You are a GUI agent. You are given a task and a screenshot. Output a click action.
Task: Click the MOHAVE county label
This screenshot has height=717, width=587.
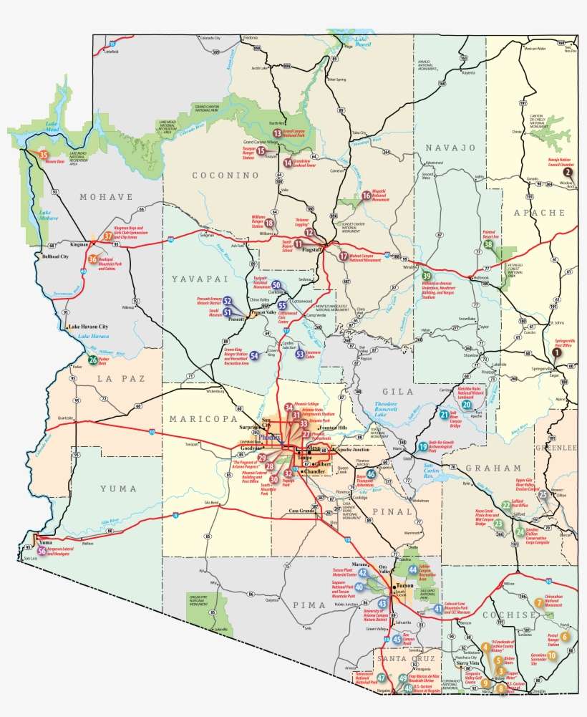(x=107, y=197)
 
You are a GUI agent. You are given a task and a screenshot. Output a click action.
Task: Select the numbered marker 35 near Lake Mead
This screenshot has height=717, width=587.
(x=43, y=154)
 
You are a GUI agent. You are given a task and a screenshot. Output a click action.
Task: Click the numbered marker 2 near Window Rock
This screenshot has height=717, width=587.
(x=567, y=172)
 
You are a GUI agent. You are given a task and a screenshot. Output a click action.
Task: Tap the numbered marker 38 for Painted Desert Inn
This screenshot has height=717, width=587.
(x=488, y=244)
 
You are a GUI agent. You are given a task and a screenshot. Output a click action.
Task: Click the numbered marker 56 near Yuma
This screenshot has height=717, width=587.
(x=42, y=550)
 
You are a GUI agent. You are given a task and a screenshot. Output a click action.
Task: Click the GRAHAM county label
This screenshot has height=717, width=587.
(x=485, y=468)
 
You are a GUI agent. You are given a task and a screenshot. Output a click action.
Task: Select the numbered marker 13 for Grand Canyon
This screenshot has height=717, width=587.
(x=277, y=133)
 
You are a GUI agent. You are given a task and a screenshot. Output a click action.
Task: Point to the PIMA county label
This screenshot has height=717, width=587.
(x=311, y=605)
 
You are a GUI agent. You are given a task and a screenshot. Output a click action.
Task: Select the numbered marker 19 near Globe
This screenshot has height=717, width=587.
(x=423, y=446)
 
